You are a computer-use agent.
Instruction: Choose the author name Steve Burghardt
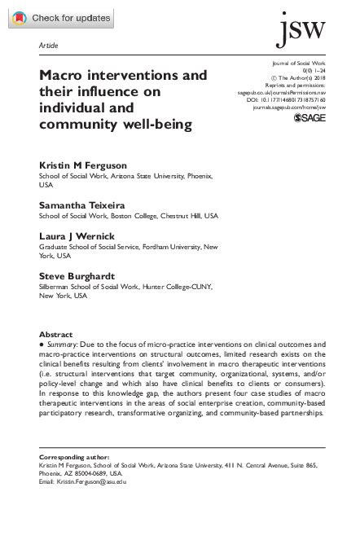pyautogui.click(x=72, y=276)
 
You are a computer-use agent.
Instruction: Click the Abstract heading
pyautogui.click(x=55, y=335)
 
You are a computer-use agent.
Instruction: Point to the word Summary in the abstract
pyautogui.click(x=64, y=346)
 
